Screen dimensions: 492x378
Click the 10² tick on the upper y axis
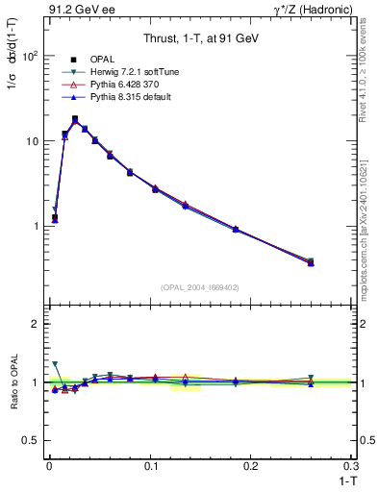click(x=30, y=56)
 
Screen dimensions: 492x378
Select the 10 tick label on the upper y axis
click(x=32, y=141)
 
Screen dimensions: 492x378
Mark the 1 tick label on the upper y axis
click(x=35, y=226)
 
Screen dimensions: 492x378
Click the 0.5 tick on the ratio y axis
click(x=30, y=441)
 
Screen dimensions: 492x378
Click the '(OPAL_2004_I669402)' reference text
click(x=198, y=285)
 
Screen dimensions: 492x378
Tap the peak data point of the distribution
click(x=75, y=119)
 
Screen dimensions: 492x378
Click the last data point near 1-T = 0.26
click(x=310, y=261)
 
